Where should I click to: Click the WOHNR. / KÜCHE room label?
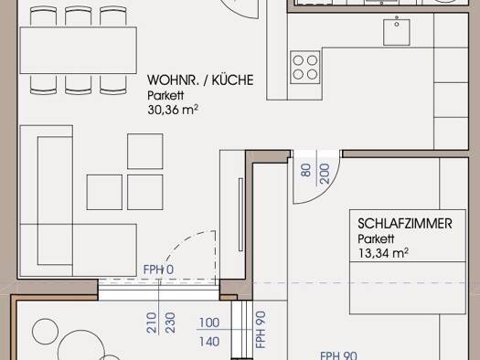[x=200, y=80]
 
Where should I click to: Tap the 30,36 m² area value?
[x=173, y=110]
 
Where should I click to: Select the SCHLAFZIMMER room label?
[x=405, y=224]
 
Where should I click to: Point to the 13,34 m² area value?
[x=383, y=253]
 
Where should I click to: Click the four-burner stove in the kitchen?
[x=304, y=68]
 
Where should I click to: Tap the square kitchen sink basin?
[x=397, y=32]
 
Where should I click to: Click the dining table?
[x=78, y=50]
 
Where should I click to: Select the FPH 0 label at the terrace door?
[x=158, y=270]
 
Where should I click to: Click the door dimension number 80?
[x=305, y=170]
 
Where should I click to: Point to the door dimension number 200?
[x=325, y=174]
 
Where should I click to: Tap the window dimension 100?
[x=209, y=323]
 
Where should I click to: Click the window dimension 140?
[x=209, y=342]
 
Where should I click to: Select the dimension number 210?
[x=152, y=323]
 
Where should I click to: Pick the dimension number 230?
[x=170, y=323]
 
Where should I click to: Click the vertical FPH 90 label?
[x=261, y=330]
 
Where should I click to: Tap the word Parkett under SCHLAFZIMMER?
[x=376, y=238]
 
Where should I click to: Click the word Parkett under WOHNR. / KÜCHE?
[x=165, y=95]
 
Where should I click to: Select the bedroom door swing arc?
[x=325, y=193]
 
